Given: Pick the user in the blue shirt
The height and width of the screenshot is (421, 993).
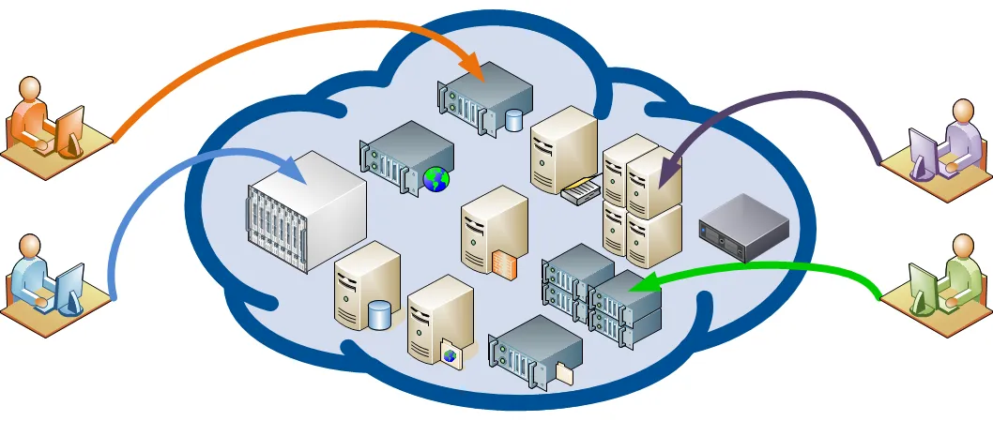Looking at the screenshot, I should click(31, 273).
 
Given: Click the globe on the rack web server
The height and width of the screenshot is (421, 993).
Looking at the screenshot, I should click(435, 179).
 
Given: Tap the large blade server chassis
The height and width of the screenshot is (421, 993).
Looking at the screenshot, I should click(306, 211).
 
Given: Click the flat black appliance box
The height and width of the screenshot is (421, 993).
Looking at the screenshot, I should click(743, 227).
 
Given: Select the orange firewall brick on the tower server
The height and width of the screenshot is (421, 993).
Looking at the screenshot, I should click(503, 265).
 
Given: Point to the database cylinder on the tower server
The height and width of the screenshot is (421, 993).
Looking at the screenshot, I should click(379, 315).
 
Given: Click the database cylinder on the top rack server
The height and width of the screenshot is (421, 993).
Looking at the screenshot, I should click(513, 120).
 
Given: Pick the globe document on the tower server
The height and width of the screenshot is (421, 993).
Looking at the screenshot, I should click(451, 355).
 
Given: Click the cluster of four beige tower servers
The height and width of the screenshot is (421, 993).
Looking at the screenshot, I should click(642, 202).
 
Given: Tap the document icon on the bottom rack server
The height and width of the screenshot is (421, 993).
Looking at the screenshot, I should click(564, 372).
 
